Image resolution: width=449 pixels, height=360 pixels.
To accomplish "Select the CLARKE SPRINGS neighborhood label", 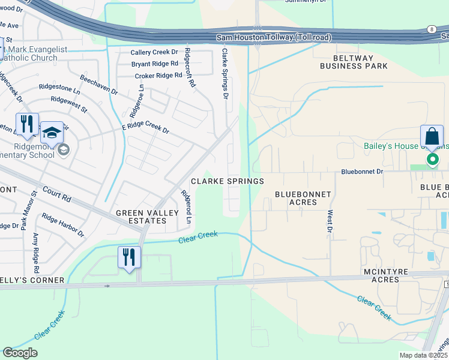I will point(227,181).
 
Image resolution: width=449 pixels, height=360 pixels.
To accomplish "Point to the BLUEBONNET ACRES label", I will point(295,198).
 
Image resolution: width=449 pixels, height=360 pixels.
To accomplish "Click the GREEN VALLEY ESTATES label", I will point(141,217).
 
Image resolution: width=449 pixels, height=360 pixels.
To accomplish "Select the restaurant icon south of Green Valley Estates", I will point(129,257).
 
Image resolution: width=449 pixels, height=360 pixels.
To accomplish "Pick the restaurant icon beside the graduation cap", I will point(27,125).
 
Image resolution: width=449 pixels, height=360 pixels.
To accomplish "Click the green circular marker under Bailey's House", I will point(432,159).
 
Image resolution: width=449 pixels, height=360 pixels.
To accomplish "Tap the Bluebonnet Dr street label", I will point(361,171).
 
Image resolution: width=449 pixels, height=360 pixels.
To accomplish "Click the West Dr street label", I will point(330,220).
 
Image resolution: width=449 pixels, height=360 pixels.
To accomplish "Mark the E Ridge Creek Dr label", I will point(146,128).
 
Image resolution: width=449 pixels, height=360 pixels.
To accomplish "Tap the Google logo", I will point(20,353).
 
